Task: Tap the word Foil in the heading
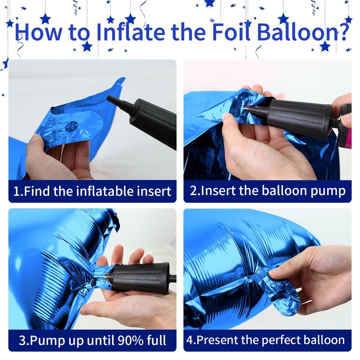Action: pos(231,31)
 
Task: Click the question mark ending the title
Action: pos(343,31)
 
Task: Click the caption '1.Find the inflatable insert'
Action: pos(92,191)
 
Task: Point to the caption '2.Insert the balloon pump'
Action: pos(267,191)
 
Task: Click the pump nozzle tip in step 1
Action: pos(108,98)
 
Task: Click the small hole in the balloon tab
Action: pos(120,84)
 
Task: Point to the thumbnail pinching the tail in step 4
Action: pos(275,272)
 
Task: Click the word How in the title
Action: pos(38,31)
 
